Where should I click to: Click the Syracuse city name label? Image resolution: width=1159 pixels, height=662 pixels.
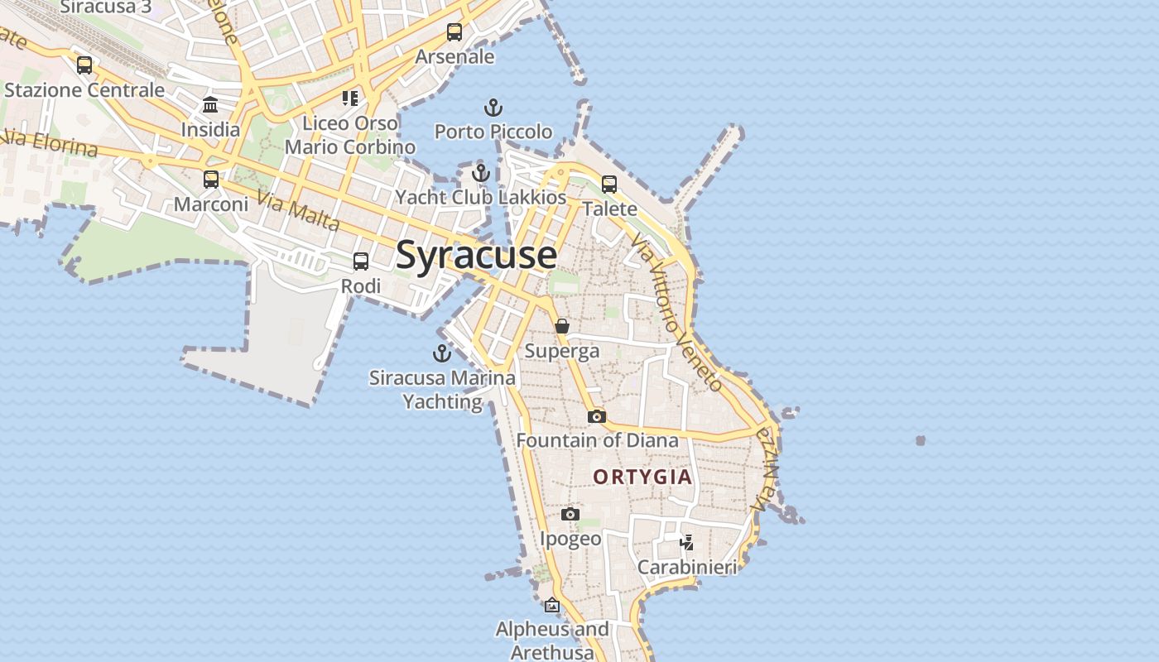476,255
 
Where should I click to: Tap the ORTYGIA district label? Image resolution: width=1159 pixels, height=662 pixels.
642,477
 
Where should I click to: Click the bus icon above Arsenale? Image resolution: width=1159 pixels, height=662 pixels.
454,32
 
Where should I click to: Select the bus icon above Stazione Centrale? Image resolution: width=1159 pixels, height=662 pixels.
84,65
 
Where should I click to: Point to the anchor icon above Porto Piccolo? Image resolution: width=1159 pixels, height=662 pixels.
493,108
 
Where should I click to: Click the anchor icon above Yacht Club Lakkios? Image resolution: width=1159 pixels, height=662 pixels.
481,174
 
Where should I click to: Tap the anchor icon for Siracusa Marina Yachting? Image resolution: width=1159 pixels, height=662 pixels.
443,353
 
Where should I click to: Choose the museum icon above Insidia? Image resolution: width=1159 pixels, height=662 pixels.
210,105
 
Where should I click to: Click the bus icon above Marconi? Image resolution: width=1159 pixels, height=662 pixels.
211,180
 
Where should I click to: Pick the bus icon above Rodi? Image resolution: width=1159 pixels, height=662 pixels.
361,261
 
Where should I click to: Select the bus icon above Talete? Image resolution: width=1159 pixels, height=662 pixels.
609,185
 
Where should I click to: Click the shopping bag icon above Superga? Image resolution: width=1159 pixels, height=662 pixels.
562,326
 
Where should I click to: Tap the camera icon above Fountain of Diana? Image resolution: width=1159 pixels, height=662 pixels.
596,416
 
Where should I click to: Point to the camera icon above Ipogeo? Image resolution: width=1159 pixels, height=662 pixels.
570,515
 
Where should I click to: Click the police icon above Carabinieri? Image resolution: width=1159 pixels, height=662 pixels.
686,543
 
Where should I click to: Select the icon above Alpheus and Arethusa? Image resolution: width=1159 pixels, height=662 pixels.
552,606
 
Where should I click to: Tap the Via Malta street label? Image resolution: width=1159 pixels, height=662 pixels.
298,212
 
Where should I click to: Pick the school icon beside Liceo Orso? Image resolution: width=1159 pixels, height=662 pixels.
350,98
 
